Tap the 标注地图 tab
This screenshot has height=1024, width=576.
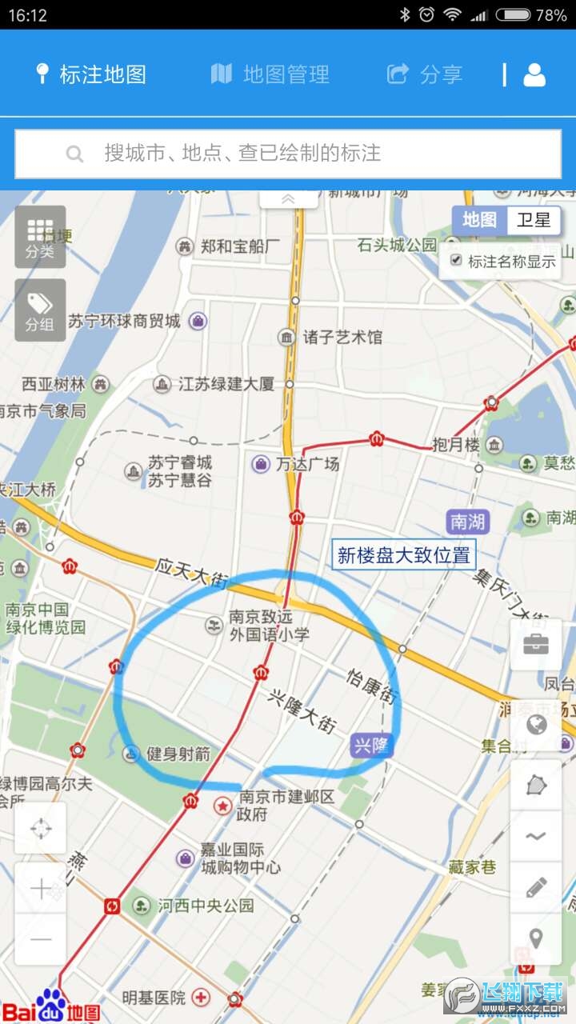click(x=91, y=74)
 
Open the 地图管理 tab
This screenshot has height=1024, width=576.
click(x=270, y=74)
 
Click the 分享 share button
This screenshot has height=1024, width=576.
click(x=425, y=74)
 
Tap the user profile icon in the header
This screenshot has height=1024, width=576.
click(x=534, y=74)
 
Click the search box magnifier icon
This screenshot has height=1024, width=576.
click(x=74, y=154)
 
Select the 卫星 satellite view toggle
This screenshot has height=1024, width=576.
click(x=534, y=220)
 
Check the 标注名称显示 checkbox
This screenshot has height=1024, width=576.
click(x=456, y=260)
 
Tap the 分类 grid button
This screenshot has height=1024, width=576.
click(x=40, y=236)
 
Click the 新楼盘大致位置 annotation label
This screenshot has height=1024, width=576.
click(x=404, y=555)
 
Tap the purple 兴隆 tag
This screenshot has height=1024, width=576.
click(x=372, y=746)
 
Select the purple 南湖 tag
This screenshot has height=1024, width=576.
click(x=468, y=522)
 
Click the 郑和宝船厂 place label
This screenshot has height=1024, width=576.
click(x=240, y=246)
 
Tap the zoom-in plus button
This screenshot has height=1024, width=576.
click(x=40, y=888)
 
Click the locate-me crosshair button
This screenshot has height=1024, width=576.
click(x=40, y=828)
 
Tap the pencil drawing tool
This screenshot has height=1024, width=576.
click(x=536, y=886)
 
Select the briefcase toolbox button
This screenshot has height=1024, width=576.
click(x=536, y=644)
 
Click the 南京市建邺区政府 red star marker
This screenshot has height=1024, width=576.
click(x=222, y=806)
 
